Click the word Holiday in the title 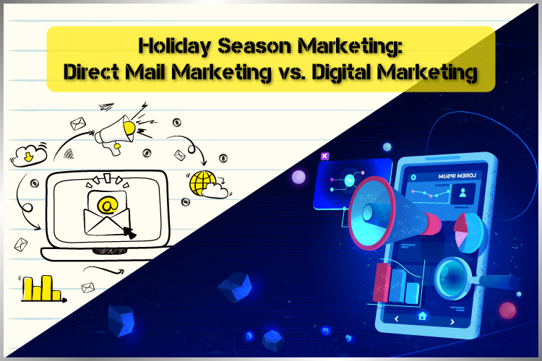174,46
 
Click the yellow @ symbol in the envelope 108,205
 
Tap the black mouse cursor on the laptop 130,232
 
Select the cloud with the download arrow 29,155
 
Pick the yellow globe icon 202,183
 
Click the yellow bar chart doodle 42,288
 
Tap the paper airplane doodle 106,106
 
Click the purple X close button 324,156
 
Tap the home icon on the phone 422,316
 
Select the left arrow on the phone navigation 397,318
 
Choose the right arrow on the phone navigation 452,322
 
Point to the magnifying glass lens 452,278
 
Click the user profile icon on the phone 463,193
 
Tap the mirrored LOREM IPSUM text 457,176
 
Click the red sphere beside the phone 507,310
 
